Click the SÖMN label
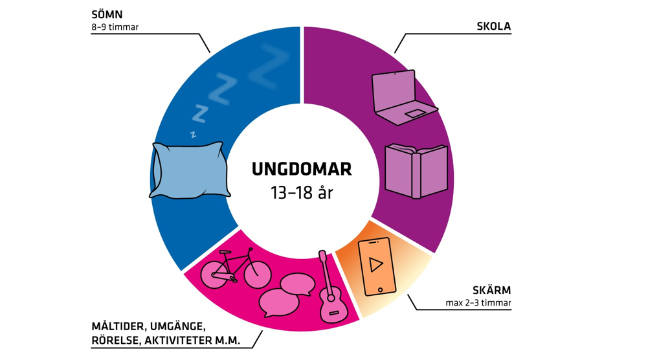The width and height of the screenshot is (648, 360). (x=107, y=14)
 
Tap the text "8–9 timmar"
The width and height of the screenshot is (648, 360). (x=115, y=28)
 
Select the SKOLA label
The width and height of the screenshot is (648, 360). (x=493, y=27)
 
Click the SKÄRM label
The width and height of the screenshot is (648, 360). (x=493, y=290)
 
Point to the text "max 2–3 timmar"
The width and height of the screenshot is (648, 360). (x=478, y=303)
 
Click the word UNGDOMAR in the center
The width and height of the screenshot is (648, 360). (x=302, y=170)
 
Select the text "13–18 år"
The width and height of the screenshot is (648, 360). (x=302, y=192)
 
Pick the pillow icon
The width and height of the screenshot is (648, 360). (x=190, y=170)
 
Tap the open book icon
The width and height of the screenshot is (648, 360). (x=416, y=170)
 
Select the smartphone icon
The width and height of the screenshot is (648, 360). (x=375, y=266)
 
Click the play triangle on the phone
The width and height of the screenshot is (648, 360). (x=375, y=264)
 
